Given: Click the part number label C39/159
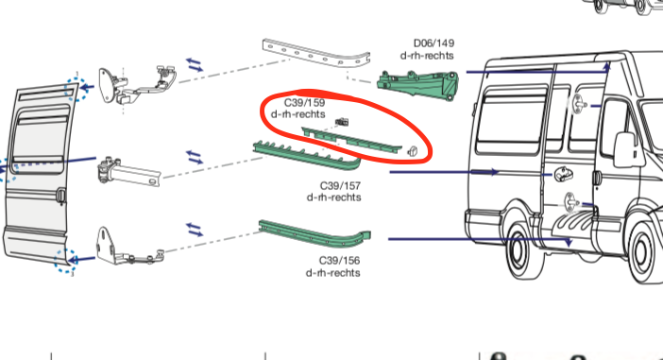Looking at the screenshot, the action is point(305,102).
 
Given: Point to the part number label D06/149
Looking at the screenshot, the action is point(433,43).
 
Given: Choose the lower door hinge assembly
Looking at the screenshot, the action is point(123,248).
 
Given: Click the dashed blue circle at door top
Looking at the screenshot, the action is point(73,88).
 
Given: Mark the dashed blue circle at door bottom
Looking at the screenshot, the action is point(64,261).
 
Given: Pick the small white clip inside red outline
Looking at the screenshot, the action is point(412,150).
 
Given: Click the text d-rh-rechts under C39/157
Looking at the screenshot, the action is point(333,197).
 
